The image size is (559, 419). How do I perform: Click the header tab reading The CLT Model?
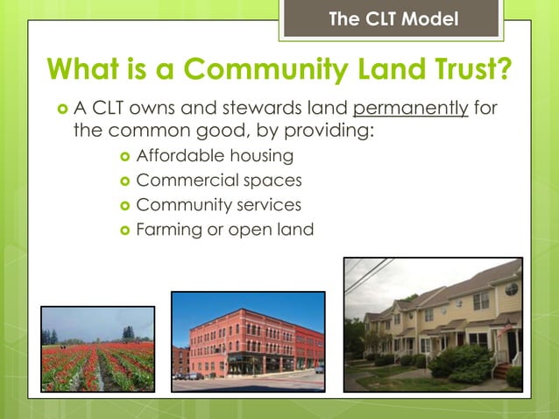(393, 18)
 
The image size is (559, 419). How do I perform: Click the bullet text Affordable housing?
(214, 157)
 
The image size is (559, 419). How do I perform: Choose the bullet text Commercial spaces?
(219, 181)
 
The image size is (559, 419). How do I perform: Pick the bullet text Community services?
(218, 205)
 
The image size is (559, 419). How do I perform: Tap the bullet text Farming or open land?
(224, 230)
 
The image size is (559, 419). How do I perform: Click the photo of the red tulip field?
(97, 348)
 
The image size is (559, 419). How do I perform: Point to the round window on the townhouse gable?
(511, 288)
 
